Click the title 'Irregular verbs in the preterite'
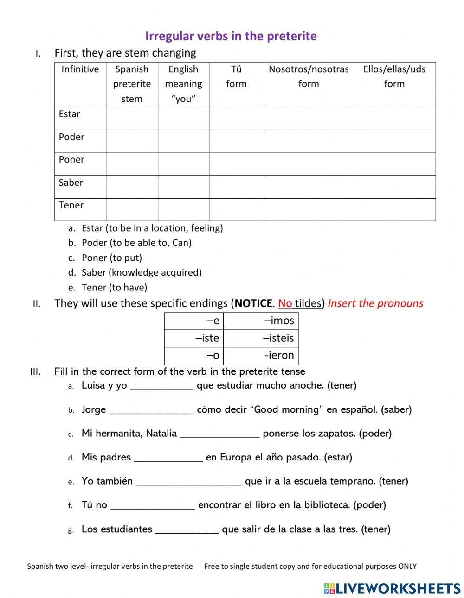(231, 36)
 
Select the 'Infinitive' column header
(80, 69)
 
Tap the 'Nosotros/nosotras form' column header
(309, 76)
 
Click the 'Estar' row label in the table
(70, 114)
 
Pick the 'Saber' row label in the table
(71, 183)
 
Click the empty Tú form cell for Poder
(236, 141)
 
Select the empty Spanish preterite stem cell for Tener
(132, 209)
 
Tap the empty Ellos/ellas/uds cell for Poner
(394, 164)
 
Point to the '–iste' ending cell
(194, 338)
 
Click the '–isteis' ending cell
(261, 338)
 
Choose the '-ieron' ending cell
(261, 355)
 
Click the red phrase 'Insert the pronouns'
(375, 303)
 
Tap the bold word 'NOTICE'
(253, 303)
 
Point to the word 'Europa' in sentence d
(236, 457)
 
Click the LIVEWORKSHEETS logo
(392, 588)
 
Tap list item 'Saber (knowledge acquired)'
(141, 272)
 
